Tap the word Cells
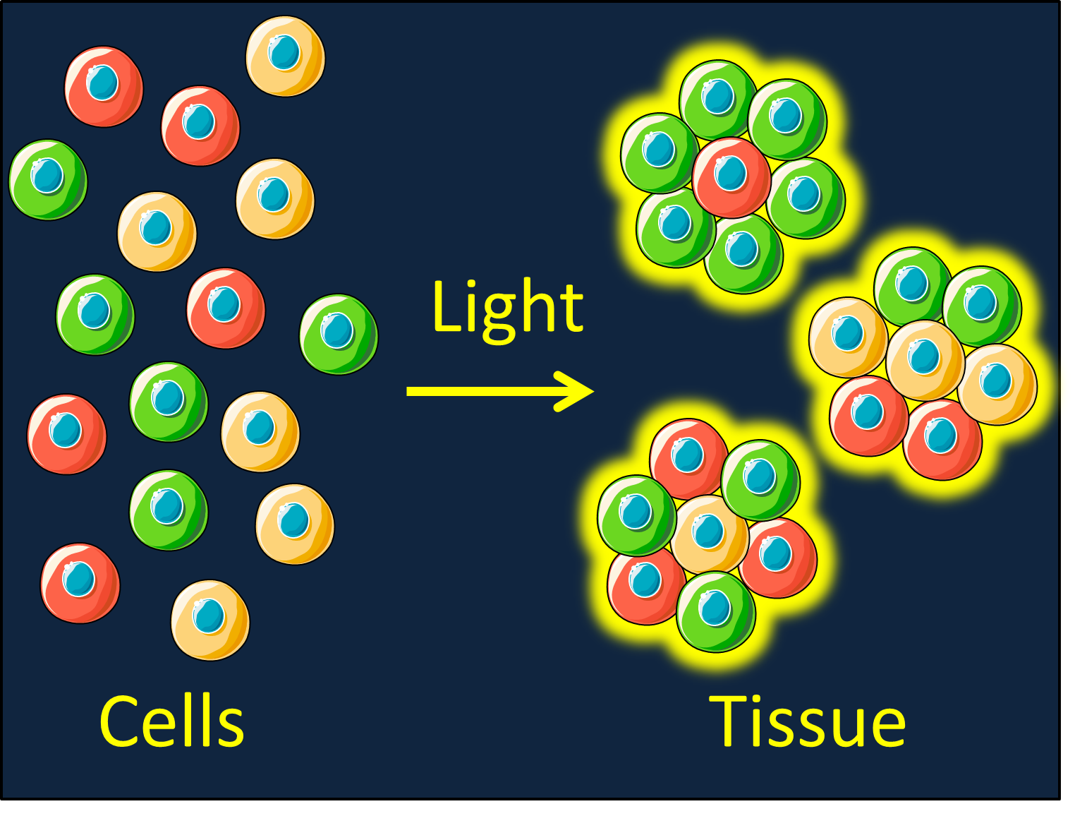tap(171, 721)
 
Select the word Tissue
tap(807, 721)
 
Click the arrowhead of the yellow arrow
tap(574, 391)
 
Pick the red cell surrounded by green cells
tap(731, 177)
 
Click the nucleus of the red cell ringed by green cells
tap(730, 173)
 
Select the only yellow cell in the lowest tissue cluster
tap(710, 535)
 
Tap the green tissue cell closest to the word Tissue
tap(715, 612)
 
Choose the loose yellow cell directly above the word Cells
tap(210, 620)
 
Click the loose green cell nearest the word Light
tap(339, 335)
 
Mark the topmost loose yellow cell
tap(285, 56)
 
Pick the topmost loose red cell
tap(104, 87)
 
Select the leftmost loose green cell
tap(48, 180)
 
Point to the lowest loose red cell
tap(80, 583)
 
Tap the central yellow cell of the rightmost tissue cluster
tap(925, 360)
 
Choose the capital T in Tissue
tap(729, 721)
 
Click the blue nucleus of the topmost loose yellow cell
tap(284, 52)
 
